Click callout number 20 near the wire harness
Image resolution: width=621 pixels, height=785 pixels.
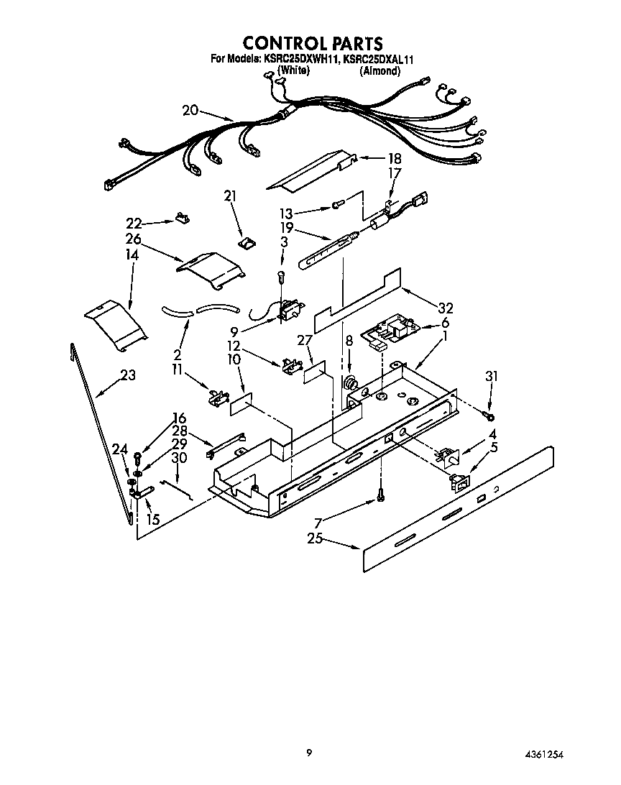tap(190, 110)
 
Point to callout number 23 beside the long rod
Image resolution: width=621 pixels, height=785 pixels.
tap(127, 375)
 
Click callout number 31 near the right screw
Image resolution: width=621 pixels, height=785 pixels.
tap(491, 375)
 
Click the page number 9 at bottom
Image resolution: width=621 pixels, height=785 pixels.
tap(309, 753)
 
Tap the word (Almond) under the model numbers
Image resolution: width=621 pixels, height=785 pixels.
tap(380, 71)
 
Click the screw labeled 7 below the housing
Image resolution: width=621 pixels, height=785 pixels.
tap(381, 496)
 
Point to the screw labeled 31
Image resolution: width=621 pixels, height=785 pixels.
tap(489, 416)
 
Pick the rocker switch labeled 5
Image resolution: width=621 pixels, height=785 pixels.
tap(457, 479)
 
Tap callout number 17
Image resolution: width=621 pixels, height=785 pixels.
tap(394, 173)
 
